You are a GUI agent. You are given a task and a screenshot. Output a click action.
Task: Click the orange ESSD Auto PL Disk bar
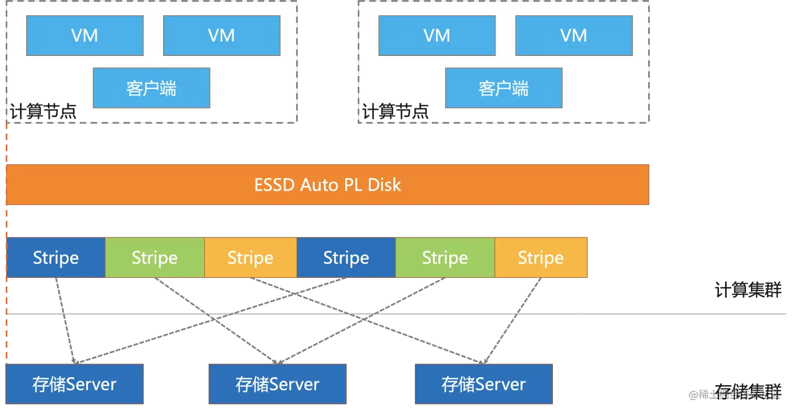(328, 185)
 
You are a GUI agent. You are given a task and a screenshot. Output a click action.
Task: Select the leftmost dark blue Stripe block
(56, 257)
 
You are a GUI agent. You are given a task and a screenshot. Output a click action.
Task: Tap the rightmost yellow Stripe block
(541, 257)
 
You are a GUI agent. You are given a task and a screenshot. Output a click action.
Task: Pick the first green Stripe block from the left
(155, 257)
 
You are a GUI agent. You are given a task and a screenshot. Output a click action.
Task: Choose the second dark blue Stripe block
(346, 257)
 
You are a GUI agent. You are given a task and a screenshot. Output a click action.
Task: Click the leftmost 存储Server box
(75, 384)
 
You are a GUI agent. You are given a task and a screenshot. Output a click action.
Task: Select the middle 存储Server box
(277, 384)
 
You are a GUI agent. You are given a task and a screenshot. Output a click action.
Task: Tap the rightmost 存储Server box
(484, 384)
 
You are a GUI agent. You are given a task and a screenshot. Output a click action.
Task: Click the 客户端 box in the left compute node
(151, 88)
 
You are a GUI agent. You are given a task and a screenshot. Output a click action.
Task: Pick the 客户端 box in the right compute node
(504, 88)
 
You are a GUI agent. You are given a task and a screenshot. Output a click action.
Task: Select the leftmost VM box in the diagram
(85, 35)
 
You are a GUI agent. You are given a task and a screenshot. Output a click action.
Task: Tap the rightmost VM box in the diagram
(574, 35)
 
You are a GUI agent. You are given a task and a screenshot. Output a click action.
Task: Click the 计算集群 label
(748, 290)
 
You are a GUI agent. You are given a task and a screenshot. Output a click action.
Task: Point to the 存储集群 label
(748, 391)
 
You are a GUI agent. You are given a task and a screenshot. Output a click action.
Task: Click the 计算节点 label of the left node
(43, 112)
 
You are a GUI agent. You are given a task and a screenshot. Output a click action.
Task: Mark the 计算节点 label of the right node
(395, 112)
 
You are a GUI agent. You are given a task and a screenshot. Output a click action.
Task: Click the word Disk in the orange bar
(385, 185)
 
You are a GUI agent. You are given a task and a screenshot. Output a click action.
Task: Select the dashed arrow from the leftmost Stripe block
(65, 321)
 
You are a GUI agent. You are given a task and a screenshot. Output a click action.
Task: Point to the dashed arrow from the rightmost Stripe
(512, 321)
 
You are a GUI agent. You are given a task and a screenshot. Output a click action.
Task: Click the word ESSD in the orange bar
(274, 185)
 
